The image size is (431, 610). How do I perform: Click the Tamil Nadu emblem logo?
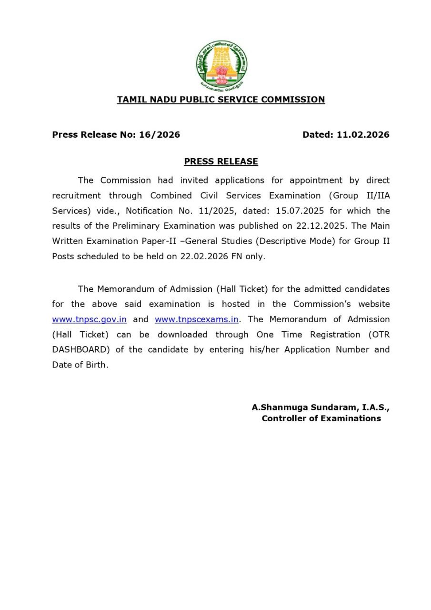[x=221, y=65]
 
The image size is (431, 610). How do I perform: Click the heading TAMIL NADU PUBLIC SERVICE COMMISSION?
[x=221, y=100]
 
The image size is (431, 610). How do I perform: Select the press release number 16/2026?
[x=159, y=134]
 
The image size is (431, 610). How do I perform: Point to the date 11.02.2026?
[x=363, y=134]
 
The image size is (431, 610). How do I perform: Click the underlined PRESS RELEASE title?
[x=221, y=162]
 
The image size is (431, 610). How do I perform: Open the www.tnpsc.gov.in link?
[x=89, y=319]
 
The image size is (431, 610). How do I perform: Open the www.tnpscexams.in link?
[x=196, y=319]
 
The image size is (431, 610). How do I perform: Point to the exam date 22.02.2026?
[x=203, y=256]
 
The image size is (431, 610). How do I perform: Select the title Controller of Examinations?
[x=321, y=418]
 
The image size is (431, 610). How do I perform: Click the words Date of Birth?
[x=80, y=365]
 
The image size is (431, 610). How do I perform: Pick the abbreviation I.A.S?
[x=374, y=407]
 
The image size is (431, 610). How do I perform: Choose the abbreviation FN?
[x=237, y=256]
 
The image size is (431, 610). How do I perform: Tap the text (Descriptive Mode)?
[x=291, y=241]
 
